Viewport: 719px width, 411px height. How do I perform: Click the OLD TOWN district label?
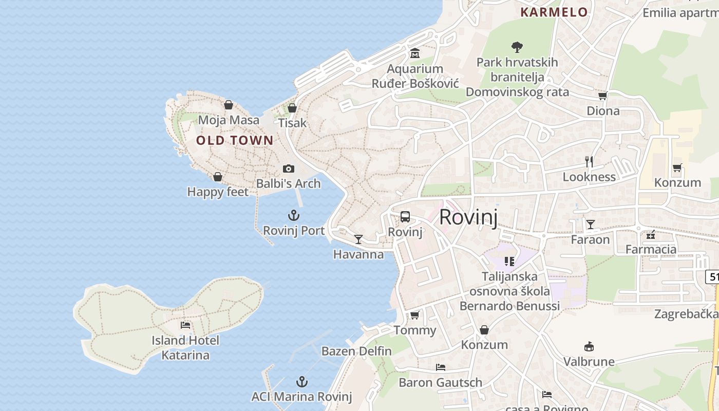235,140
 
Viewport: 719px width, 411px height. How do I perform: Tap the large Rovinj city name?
468,217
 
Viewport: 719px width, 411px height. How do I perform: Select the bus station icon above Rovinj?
405,216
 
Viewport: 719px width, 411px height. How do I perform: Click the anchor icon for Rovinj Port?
294,215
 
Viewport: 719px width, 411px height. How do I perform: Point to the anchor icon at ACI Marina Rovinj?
302,382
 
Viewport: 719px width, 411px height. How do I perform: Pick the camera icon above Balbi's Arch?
289,169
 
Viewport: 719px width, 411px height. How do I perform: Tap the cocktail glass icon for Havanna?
358,239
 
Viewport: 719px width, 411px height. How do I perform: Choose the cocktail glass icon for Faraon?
591,224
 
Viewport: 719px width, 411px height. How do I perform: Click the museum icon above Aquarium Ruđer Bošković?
415,53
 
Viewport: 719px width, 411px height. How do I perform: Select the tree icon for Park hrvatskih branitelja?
517,47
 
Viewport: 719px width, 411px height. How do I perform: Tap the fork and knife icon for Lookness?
589,162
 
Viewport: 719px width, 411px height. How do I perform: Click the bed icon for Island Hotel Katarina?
185,325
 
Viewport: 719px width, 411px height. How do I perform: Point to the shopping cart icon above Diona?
603,96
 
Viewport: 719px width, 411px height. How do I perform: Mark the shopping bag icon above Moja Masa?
229,105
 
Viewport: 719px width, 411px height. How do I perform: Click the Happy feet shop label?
218,192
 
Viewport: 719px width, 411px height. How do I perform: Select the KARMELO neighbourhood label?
554,12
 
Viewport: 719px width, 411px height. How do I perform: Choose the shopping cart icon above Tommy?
415,315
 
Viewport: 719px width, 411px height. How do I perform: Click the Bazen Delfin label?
356,351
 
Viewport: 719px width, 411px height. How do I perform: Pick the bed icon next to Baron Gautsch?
441,367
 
